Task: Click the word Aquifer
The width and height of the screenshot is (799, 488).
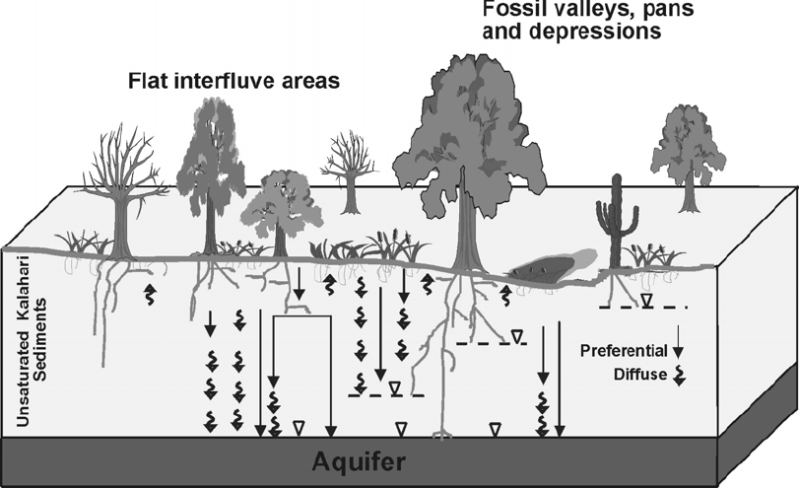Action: point(359,461)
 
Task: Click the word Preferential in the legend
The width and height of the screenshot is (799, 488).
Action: point(626,350)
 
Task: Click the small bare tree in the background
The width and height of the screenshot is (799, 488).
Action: point(349,168)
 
